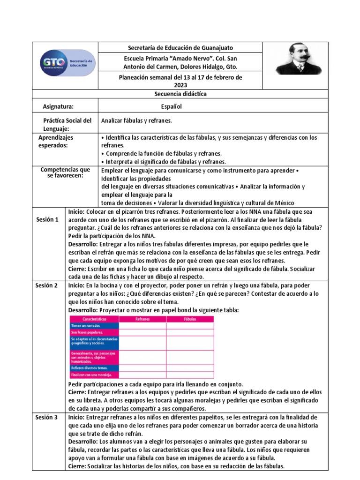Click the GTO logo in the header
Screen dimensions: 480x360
click(68, 65)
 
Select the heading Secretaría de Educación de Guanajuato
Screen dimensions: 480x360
click(180, 48)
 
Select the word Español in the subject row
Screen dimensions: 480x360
click(171, 106)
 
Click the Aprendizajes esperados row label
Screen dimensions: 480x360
click(56, 142)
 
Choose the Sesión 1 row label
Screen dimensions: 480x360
click(47, 219)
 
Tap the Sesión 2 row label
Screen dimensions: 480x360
click(47, 285)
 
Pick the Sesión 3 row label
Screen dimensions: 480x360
click(47, 417)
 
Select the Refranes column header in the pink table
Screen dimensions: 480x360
click(142, 319)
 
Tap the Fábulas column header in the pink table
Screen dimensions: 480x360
click(190, 319)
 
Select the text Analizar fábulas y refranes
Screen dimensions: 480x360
click(136, 120)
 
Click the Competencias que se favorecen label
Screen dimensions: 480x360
click(65, 172)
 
